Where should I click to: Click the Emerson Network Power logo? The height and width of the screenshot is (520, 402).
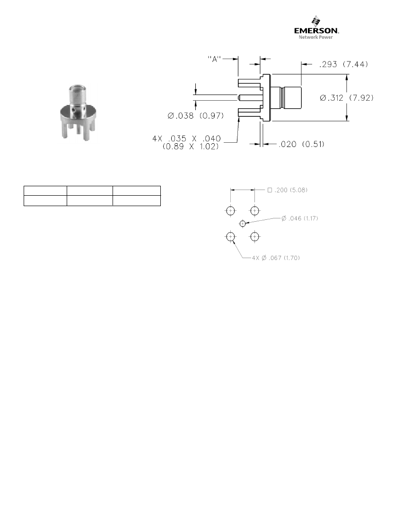tap(316, 27)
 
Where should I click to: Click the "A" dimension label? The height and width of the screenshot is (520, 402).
tap(215, 59)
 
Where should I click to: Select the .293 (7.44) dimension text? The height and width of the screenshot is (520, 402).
tap(344, 64)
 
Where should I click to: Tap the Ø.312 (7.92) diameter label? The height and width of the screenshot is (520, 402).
tap(347, 98)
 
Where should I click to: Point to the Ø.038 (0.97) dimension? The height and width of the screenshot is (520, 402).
tap(195, 116)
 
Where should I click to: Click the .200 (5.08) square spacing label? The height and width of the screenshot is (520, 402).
tap(288, 190)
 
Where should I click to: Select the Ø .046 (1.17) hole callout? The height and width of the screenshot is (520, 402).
tap(300, 218)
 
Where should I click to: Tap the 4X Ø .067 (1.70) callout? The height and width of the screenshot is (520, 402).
tap(276, 258)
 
